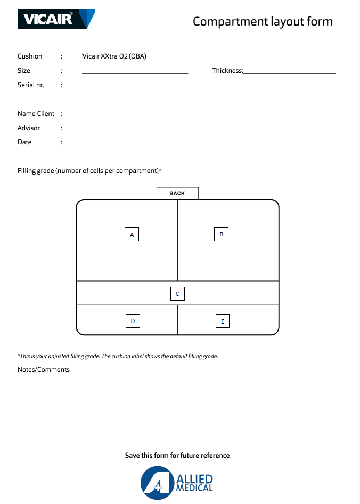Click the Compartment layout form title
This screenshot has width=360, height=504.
pos(263,21)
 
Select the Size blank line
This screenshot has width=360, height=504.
pos(135,71)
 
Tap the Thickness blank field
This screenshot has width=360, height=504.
pos(290,71)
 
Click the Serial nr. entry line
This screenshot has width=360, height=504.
pos(206,85)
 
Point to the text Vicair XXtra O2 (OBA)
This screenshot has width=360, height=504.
pos(114,56)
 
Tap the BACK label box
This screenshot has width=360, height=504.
pos(177,193)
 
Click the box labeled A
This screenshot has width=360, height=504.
pos(132,234)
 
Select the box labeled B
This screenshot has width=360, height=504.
pos(221,234)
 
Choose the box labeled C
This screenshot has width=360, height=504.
pos(177,294)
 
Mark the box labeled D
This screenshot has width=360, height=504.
pos(133,321)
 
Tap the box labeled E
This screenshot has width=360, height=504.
pos(223,321)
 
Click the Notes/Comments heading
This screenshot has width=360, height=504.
pos(44,370)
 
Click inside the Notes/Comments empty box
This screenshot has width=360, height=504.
pos(177,412)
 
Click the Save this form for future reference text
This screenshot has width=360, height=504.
pos(177,456)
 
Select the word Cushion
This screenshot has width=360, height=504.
pos(30,56)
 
